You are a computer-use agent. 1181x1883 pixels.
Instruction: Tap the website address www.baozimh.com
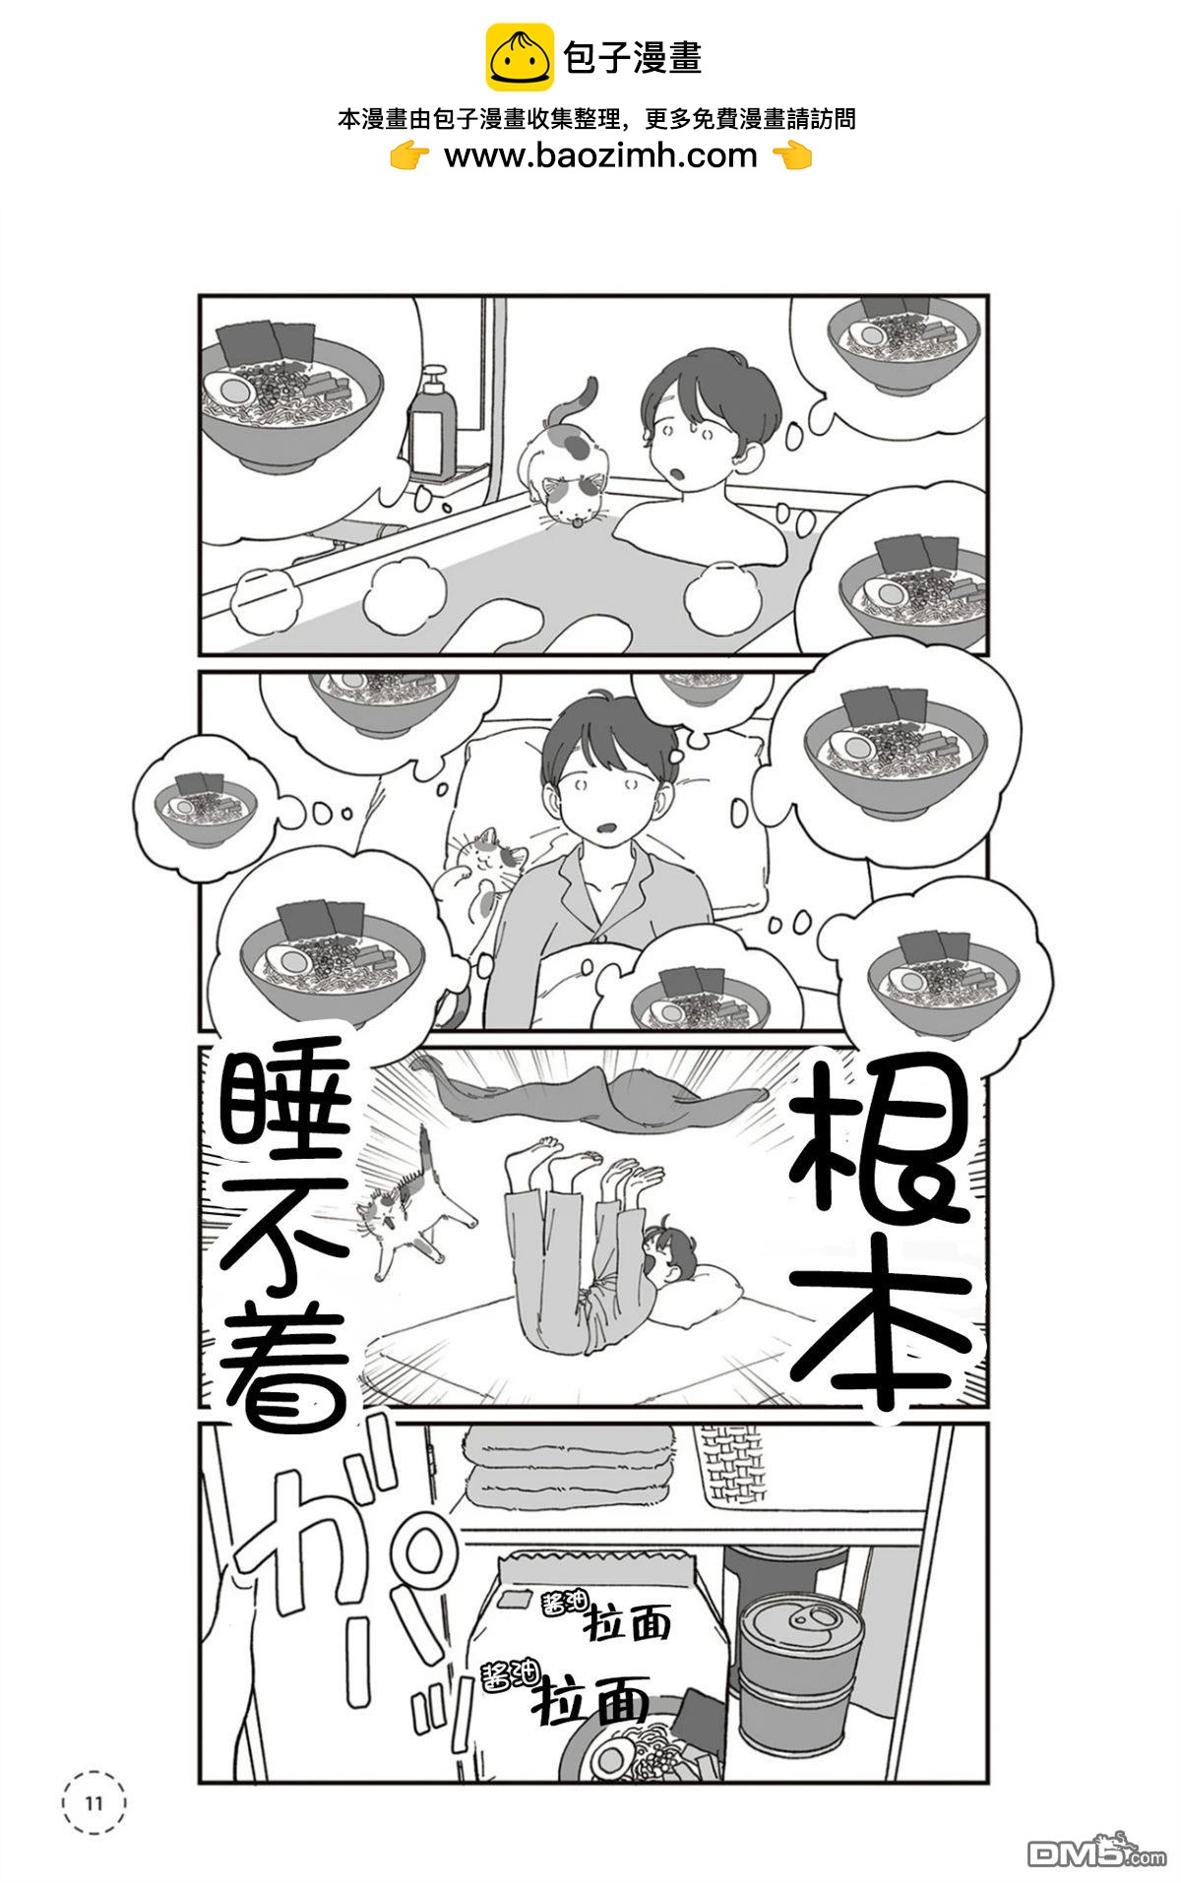(x=600, y=155)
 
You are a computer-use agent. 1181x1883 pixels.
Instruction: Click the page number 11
(x=94, y=1803)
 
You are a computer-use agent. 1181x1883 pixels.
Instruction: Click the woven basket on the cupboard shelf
(x=728, y=1466)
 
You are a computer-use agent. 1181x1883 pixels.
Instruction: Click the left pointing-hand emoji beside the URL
(x=409, y=155)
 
